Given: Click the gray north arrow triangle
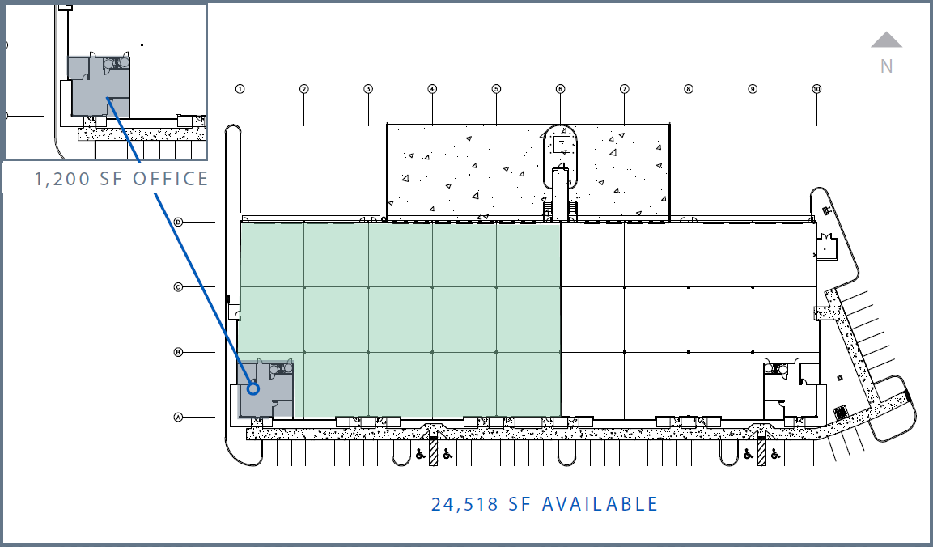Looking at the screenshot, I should click(886, 40).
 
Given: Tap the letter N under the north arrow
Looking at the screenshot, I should click(887, 66).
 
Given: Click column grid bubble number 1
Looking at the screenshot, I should click(240, 89).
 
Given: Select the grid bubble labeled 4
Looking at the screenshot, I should click(432, 89).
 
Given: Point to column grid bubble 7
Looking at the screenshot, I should click(625, 89).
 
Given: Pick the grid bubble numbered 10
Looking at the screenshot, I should click(816, 89).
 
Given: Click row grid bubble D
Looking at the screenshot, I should click(178, 222).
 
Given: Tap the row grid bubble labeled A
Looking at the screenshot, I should click(178, 418).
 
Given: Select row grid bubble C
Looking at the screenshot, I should click(178, 286).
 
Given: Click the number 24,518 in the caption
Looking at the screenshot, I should click(464, 505).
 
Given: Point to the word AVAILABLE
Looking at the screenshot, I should click(600, 505).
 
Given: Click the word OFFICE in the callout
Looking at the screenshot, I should click(170, 179).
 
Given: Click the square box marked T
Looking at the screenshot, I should click(562, 145).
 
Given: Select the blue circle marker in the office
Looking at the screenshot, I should click(252, 389).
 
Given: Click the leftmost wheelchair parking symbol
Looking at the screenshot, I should click(420, 454).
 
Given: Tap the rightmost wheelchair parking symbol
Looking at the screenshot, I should click(774, 454).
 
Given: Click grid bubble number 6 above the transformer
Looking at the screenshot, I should click(560, 89).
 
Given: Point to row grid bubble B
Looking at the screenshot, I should click(178, 352).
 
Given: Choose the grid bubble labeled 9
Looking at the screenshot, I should click(753, 89).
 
